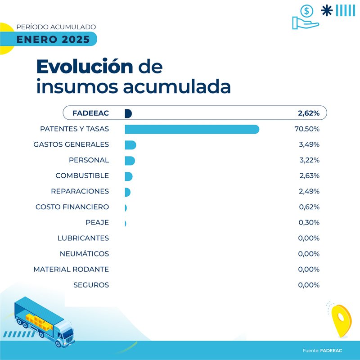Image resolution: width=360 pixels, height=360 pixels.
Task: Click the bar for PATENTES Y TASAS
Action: pyautogui.click(x=192, y=129)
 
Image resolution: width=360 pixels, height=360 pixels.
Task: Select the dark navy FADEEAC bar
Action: pyautogui.click(x=128, y=113)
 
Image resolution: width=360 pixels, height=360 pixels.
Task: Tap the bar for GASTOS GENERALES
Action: pyautogui.click(x=130, y=145)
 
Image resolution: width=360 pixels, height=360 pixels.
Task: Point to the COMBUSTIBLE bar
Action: pyautogui.click(x=129, y=176)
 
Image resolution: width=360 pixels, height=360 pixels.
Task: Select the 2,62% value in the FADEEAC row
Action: pyautogui.click(x=309, y=113)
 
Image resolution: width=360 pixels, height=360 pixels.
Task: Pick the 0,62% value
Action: pyautogui.click(x=309, y=207)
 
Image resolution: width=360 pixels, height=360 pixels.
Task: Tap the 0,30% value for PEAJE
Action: pyautogui.click(x=309, y=223)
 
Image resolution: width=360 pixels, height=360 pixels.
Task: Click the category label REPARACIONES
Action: pyautogui.click(x=80, y=191)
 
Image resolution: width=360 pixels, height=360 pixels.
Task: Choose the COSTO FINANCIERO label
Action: pyautogui.click(x=72, y=207)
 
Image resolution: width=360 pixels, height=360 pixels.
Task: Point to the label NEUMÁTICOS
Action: pyautogui.click(x=84, y=254)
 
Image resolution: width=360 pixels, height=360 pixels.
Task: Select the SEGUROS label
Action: pyautogui.click(x=91, y=285)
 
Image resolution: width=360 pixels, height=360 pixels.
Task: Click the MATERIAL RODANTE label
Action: pyautogui.click(x=71, y=269)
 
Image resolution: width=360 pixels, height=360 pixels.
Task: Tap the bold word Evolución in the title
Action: pyautogui.click(x=85, y=67)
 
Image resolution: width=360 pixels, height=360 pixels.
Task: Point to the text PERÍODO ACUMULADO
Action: pyautogui.click(x=56, y=27)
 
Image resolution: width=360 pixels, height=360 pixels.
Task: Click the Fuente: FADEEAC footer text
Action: pyautogui.click(x=322, y=351)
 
